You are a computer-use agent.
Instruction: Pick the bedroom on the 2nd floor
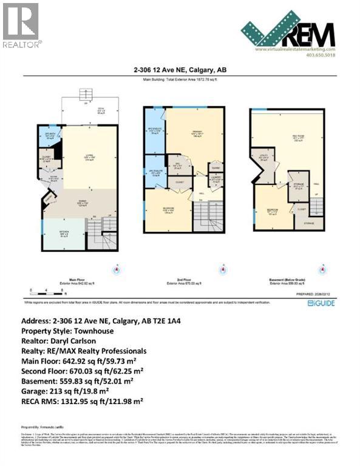coord(168,211)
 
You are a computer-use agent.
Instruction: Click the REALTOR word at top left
coord(22,44)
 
